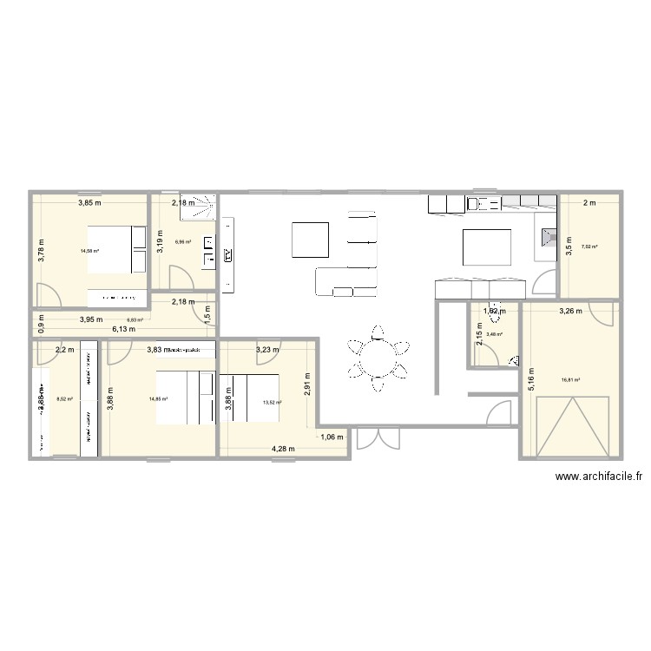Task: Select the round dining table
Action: [378, 355]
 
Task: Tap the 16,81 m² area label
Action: [571, 379]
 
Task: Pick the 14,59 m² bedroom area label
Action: [89, 252]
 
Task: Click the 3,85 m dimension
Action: [89, 203]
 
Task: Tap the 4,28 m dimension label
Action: [283, 449]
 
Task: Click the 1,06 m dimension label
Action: [332, 437]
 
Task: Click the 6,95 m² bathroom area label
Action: [183, 242]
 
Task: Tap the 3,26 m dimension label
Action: [571, 310]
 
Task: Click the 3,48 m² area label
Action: [495, 334]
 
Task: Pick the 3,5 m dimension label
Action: [569, 245]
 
